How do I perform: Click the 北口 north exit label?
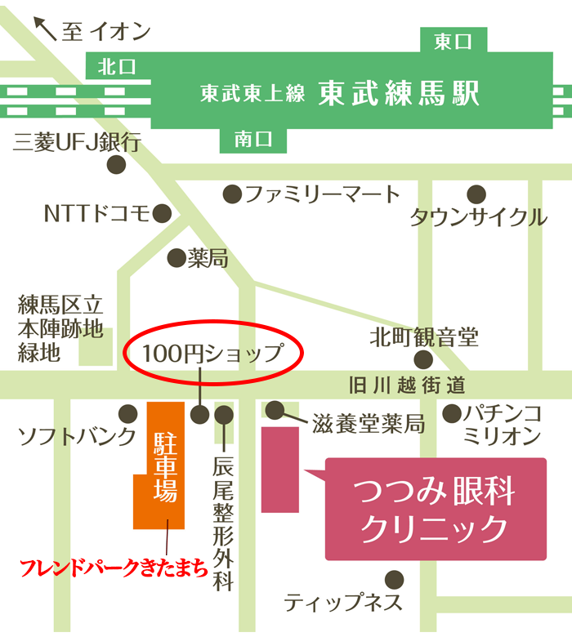116,66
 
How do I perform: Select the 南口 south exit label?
253,140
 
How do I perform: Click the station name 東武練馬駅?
398,93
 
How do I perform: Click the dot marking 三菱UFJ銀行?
117,163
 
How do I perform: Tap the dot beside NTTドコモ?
162,214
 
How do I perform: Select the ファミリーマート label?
323,194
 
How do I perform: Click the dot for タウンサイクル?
476,194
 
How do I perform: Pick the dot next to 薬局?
177,259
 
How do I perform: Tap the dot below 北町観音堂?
423,359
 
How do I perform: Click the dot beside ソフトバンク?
127,413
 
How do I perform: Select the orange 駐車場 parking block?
165,465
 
